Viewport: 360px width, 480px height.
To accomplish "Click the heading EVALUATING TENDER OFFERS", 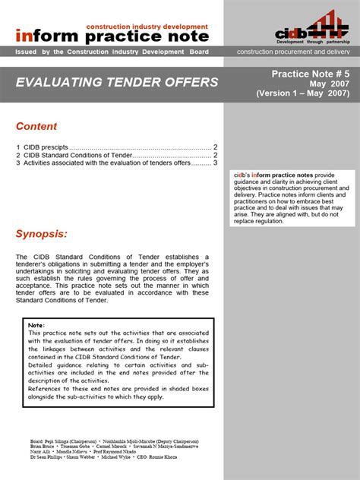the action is pos(117,82).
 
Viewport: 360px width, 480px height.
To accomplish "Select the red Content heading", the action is pos(36,126).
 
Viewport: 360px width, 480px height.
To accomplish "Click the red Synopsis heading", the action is pos(41,233).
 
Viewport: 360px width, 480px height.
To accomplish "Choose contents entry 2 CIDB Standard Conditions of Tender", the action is pos(74,155).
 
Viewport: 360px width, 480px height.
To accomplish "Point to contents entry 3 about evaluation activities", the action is pos(106,163).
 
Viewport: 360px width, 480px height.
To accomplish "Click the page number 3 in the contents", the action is pos(216,163).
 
